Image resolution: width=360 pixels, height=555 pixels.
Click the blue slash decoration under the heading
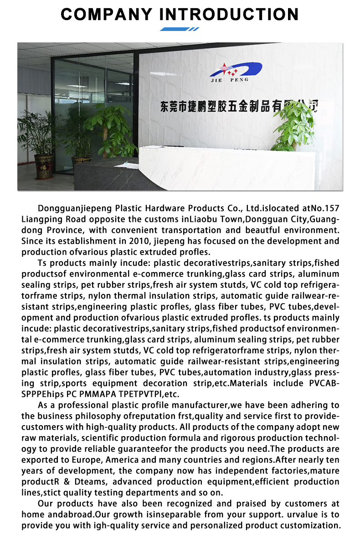pos(180,29)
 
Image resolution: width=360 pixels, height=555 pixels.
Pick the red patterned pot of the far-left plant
pos(44,166)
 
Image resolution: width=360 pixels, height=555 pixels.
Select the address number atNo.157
pos(319,208)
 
